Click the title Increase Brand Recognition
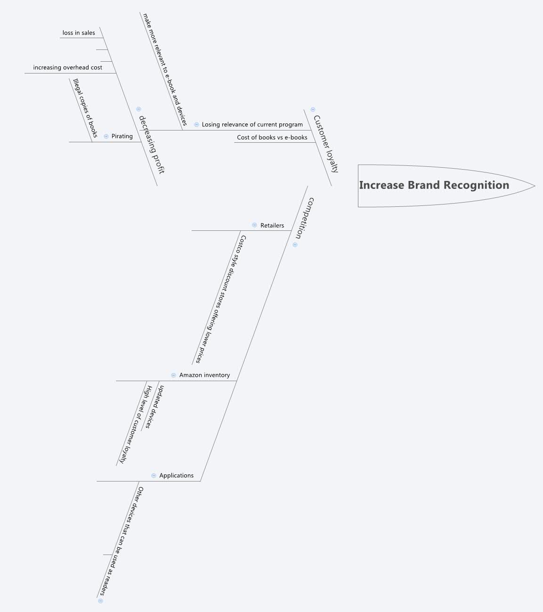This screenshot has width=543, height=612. pos(434,185)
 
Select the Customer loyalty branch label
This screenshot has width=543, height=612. pos(326,144)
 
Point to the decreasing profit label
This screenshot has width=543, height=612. pos(152,145)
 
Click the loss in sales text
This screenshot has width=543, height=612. pos(79,33)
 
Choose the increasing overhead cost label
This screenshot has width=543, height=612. pos(67,67)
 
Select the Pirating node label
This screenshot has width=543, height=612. pos(122,136)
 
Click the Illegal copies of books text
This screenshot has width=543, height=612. pos(85,108)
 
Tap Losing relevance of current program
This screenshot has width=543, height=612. pos(252,124)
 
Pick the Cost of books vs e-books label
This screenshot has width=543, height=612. pos(272,138)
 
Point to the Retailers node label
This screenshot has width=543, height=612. pos(272,225)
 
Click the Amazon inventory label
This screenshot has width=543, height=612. pos(204,375)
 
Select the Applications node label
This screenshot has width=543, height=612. pos(176,475)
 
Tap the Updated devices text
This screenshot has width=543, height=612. pos(154,407)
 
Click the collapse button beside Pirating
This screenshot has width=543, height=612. pos(106,136)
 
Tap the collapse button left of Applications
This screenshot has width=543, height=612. pos(154,475)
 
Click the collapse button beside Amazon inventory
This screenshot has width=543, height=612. pos(173,375)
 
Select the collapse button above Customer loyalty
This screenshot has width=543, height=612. pos(313,109)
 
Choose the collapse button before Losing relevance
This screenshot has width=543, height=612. pos(196,124)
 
